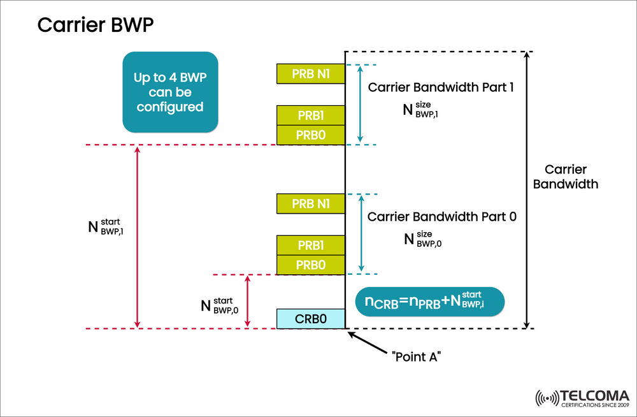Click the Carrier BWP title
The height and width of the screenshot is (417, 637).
click(x=95, y=25)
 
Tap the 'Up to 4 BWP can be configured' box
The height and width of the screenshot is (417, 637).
click(x=169, y=92)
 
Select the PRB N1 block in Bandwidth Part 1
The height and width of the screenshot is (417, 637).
click(x=311, y=73)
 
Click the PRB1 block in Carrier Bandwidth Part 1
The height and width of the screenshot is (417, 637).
click(x=311, y=115)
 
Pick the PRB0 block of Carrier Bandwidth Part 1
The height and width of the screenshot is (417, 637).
click(x=311, y=135)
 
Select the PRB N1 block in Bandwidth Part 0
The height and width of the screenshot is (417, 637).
click(x=311, y=203)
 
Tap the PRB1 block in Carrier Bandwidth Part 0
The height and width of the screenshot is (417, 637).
click(x=311, y=245)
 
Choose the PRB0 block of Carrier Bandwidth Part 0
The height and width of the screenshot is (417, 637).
click(x=311, y=265)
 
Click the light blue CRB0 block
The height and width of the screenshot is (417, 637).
click(x=311, y=319)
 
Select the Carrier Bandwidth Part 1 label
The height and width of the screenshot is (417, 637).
click(x=441, y=87)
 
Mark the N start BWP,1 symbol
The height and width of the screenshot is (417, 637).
click(x=105, y=227)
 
